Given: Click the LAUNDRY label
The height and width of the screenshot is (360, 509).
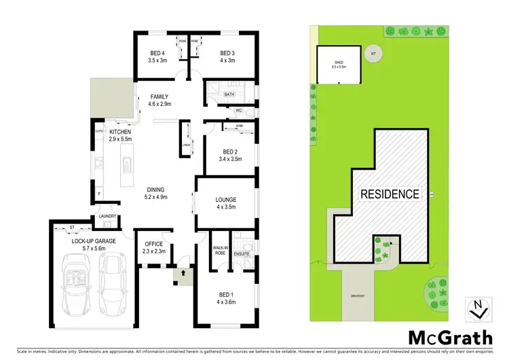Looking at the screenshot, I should click(107, 217).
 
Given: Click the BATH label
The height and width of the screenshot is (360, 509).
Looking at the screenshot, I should click(229, 94).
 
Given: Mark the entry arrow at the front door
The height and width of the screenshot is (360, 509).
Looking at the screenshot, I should click(182, 275).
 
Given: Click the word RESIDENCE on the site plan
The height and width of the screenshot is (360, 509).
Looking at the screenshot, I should click(389, 194).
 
